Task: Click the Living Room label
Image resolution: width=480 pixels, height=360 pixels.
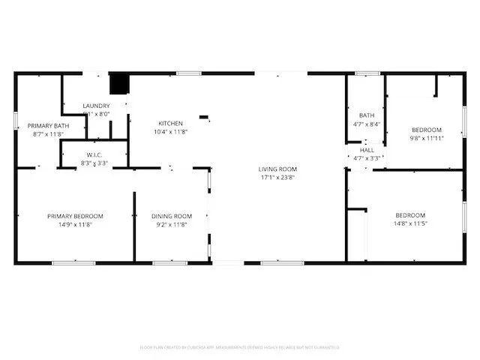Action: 277,169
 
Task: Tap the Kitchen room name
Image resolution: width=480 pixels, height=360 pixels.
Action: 170,123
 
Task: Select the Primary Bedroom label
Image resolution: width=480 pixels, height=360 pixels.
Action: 75,216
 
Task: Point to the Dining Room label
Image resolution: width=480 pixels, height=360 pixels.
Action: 172,216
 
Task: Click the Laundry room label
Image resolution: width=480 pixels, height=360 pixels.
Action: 96,106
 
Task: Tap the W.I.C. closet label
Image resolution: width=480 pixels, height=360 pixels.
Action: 94,154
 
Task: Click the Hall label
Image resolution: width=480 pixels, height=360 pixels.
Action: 367,150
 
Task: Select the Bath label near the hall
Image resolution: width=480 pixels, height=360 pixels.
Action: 367,115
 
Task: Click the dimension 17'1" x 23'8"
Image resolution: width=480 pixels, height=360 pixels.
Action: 277,178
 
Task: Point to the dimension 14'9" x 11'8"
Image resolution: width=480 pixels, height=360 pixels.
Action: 75,224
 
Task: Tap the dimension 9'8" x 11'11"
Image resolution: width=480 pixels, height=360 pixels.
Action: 426,138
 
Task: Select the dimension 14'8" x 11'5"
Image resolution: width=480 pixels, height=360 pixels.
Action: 410,224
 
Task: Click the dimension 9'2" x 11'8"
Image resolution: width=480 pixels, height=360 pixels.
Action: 172,224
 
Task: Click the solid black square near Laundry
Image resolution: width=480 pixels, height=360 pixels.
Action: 118,82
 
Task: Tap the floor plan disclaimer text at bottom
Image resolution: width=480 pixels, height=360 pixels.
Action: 240,347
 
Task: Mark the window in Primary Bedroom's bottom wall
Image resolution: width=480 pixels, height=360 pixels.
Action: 73,262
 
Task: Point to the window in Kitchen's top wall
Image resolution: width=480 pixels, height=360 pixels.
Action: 188,73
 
